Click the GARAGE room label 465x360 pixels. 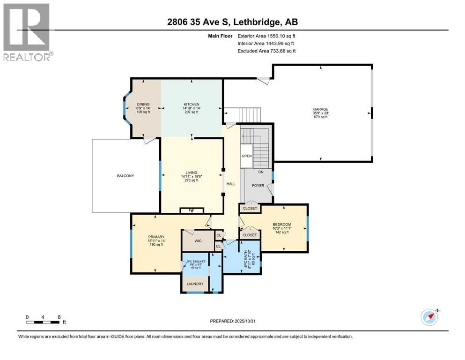point(321,109)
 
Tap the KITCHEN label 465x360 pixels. point(191,104)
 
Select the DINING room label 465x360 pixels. point(143,104)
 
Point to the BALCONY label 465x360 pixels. point(125,176)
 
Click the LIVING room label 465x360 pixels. point(191,172)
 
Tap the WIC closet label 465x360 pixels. point(198,240)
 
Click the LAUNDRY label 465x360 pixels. point(195,284)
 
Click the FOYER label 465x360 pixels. point(258,186)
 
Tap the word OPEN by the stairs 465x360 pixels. point(246,156)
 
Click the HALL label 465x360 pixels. point(231,184)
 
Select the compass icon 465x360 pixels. point(429,317)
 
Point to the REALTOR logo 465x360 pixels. point(27,33)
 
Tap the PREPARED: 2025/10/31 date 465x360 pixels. point(232,321)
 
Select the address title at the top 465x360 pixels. point(232,22)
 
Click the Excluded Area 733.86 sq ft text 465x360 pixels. point(266,51)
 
